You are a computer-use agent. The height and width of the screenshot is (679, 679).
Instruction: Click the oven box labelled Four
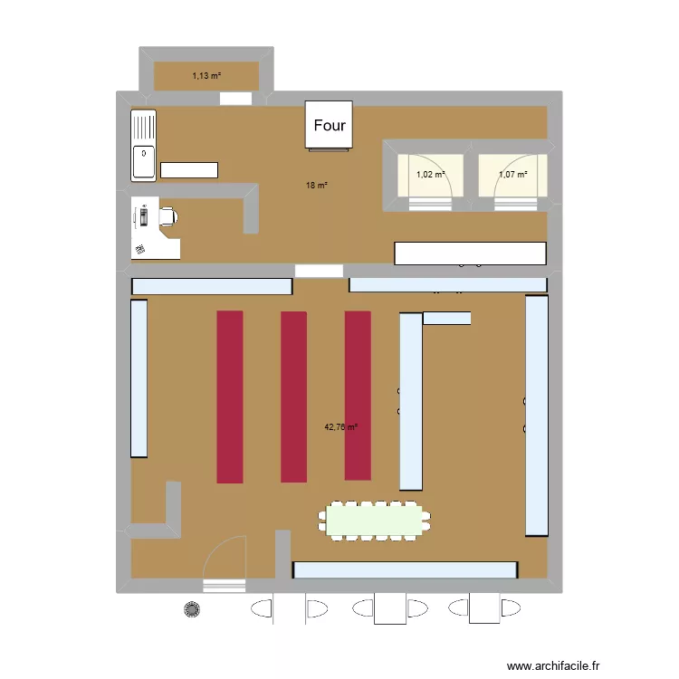click(329, 125)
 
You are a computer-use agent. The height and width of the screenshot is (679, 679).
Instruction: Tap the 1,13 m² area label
click(206, 76)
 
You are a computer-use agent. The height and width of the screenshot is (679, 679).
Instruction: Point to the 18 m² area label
click(316, 186)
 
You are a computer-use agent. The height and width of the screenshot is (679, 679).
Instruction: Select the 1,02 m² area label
click(430, 175)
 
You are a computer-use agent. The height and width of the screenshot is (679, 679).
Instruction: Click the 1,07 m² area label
click(512, 175)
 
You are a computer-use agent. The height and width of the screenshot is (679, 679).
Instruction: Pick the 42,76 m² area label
click(341, 426)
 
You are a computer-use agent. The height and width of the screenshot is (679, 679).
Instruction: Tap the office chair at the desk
click(167, 215)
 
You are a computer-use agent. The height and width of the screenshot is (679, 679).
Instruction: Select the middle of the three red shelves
click(293, 397)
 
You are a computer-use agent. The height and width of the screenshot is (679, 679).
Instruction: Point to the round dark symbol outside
click(191, 609)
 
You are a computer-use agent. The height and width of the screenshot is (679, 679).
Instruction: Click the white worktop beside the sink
click(189, 169)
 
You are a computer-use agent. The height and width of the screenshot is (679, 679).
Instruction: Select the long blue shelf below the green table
click(405, 570)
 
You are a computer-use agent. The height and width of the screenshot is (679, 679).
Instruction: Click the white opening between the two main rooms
click(319, 270)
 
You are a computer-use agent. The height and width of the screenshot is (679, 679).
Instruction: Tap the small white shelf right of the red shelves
click(446, 318)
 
